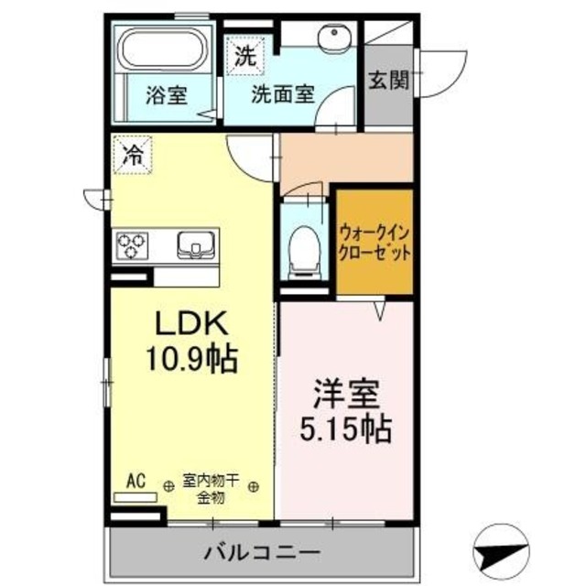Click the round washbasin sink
pyautogui.click(x=331, y=39)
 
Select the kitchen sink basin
pyautogui.click(x=194, y=244)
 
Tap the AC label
pyautogui.click(x=136, y=481)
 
